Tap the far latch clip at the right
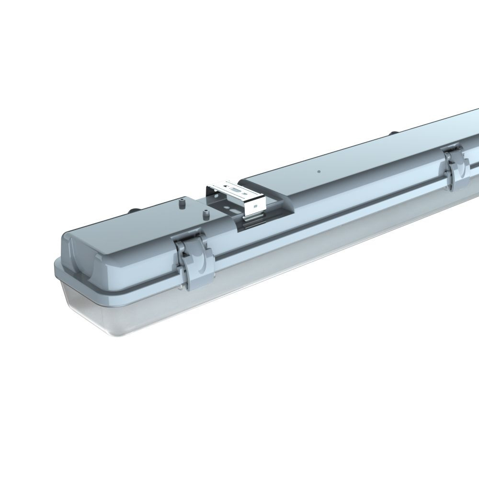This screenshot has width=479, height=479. [455, 170]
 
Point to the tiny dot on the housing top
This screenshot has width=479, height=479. [318, 170]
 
